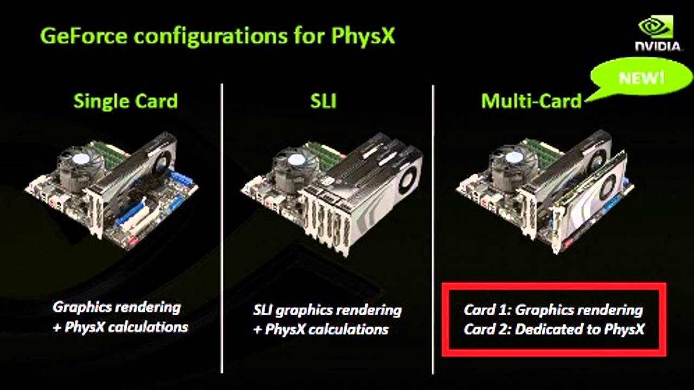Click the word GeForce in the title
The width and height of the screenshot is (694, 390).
point(83,36)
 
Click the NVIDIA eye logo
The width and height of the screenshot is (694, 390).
point(656,27)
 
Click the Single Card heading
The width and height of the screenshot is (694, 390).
point(125,101)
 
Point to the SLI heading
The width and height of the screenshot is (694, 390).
point(323,101)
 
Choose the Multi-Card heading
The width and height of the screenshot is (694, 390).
point(531,101)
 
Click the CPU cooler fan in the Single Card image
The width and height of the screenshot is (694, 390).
point(81,160)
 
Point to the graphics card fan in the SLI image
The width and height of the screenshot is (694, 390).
point(407,178)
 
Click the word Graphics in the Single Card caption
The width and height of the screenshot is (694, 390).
point(82,308)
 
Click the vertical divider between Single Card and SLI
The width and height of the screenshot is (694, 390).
point(222,229)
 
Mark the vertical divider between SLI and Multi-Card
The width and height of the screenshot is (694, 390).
point(433,229)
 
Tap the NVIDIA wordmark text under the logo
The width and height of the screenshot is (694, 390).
point(658,47)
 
